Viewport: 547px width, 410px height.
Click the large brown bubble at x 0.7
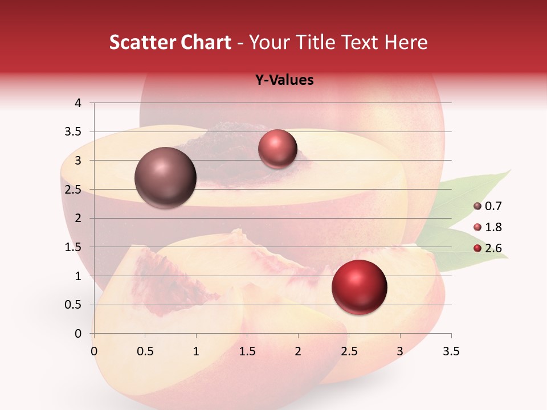tap(166, 178)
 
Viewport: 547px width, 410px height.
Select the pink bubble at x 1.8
tap(277, 149)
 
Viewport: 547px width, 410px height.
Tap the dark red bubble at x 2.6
tap(360, 287)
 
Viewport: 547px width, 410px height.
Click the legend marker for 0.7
tap(477, 206)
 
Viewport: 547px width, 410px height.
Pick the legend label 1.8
tap(493, 227)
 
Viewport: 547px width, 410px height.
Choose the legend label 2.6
tap(493, 248)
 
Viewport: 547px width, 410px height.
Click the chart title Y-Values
tap(284, 80)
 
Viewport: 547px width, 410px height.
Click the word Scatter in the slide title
tap(142, 42)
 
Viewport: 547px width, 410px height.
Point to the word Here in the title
tap(406, 42)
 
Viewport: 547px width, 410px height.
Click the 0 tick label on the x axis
tap(94, 352)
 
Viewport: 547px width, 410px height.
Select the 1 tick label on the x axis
tap(196, 352)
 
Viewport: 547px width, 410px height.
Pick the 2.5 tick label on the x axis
tap(349, 352)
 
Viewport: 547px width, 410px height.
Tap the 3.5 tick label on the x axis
tap(451, 352)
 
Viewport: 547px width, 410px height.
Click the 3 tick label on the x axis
tap(400, 352)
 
